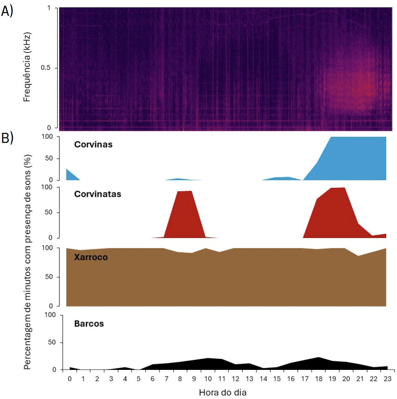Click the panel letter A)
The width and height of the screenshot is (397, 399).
pyautogui.click(x=7, y=11)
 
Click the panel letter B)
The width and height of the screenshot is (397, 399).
pyautogui.click(x=7, y=138)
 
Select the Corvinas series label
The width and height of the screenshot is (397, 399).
pyautogui.click(x=93, y=145)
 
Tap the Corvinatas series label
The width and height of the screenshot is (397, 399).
pyautogui.click(x=98, y=194)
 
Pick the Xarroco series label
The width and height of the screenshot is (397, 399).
pyautogui.click(x=91, y=257)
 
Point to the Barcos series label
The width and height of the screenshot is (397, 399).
pyautogui.click(x=89, y=324)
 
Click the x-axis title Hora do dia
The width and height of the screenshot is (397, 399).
pyautogui.click(x=222, y=393)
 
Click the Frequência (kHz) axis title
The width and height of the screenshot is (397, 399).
pyautogui.click(x=27, y=67)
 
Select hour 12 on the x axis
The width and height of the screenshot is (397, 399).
pyautogui.click(x=235, y=379)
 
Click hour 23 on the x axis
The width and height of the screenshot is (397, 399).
pyautogui.click(x=387, y=379)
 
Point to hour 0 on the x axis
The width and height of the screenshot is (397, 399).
pyautogui.click(x=70, y=379)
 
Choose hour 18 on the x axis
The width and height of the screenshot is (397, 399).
pyautogui.click(x=318, y=379)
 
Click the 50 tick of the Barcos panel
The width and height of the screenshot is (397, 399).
pyautogui.click(x=52, y=342)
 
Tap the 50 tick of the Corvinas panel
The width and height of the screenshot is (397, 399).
pyautogui.click(x=48, y=158)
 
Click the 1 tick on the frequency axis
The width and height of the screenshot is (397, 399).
pyautogui.click(x=49, y=8)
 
